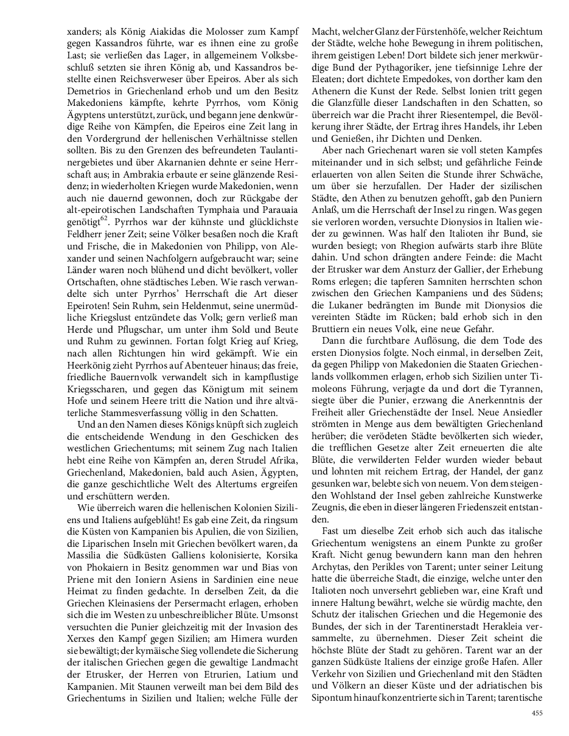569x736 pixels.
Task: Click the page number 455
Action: (537, 713)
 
